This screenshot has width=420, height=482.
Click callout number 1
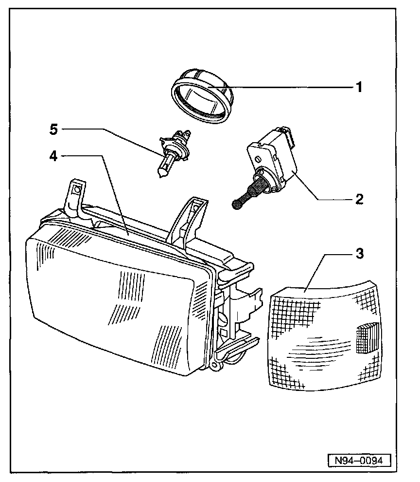click(359, 88)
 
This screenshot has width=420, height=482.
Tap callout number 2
click(359, 199)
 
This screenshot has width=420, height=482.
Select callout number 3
click(359, 254)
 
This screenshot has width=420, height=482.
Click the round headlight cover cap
click(202, 94)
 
